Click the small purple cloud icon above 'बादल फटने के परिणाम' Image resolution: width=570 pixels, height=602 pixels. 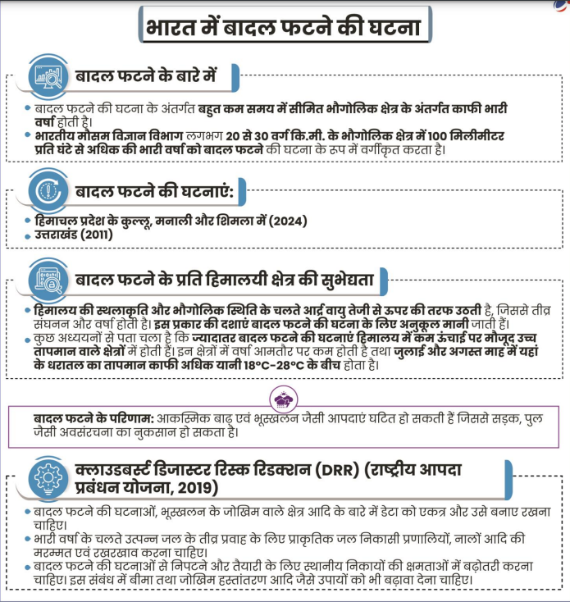pos(284,399)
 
